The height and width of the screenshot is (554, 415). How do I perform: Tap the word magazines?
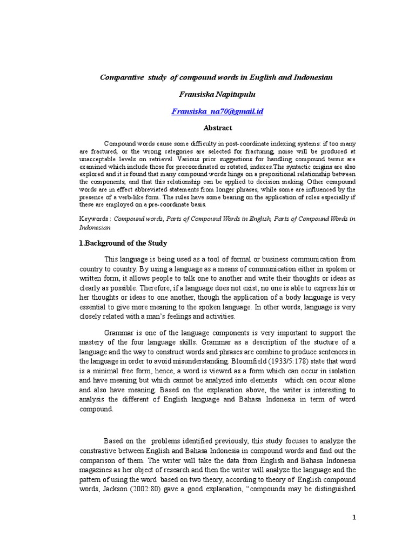point(96,470)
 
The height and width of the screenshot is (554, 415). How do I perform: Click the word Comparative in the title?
point(122,77)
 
